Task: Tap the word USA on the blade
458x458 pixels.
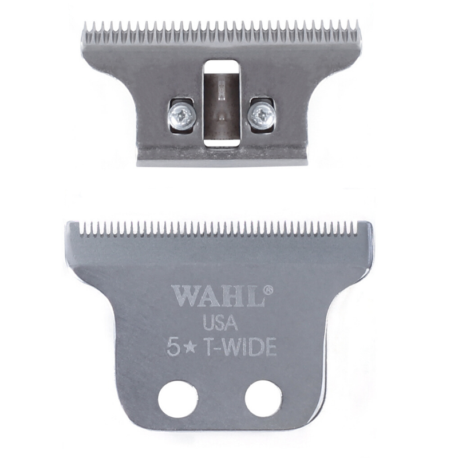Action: (x=220, y=323)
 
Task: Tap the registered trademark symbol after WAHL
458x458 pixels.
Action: (x=268, y=291)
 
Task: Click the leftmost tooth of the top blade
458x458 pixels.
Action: (x=86, y=27)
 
